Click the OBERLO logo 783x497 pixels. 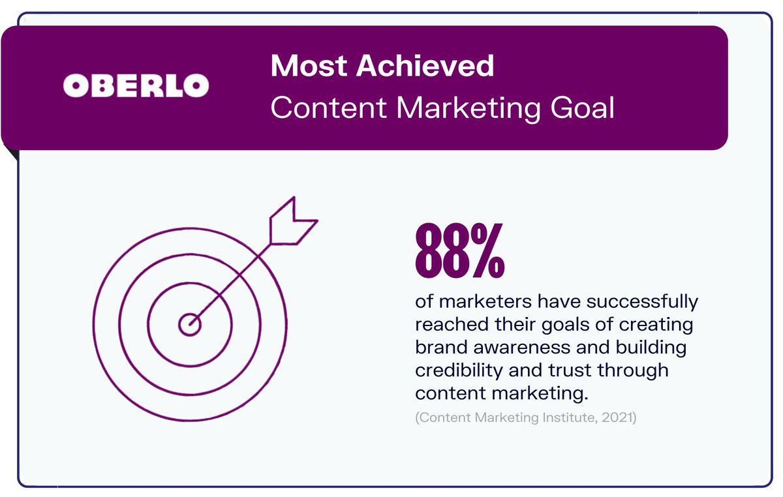[x=136, y=85]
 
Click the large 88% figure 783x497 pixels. [x=459, y=250]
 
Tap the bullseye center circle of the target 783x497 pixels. [x=189, y=324]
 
